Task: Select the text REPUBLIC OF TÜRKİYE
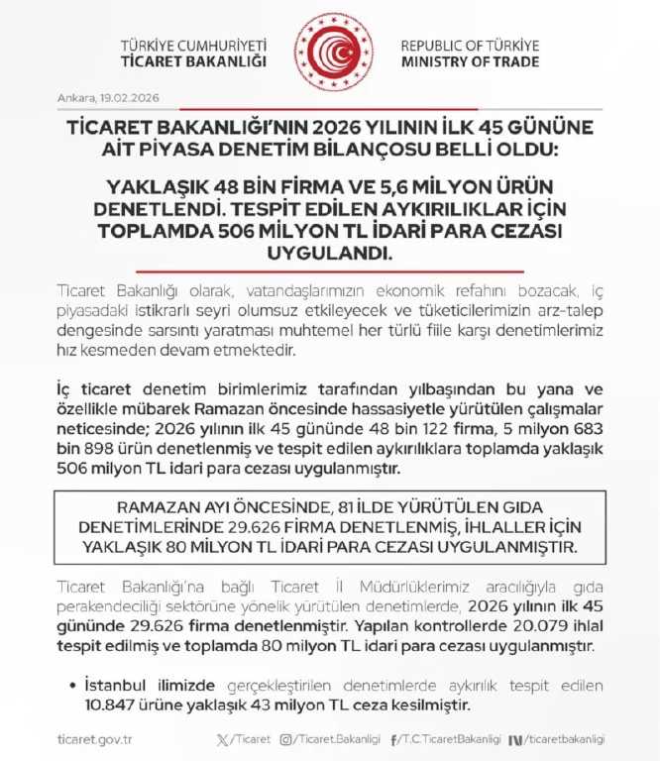(470, 46)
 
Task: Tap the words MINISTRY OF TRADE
(470, 61)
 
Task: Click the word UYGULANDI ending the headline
(328, 252)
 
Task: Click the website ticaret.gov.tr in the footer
(97, 739)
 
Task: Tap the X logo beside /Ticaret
(222, 739)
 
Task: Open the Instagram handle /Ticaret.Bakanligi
(338, 739)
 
